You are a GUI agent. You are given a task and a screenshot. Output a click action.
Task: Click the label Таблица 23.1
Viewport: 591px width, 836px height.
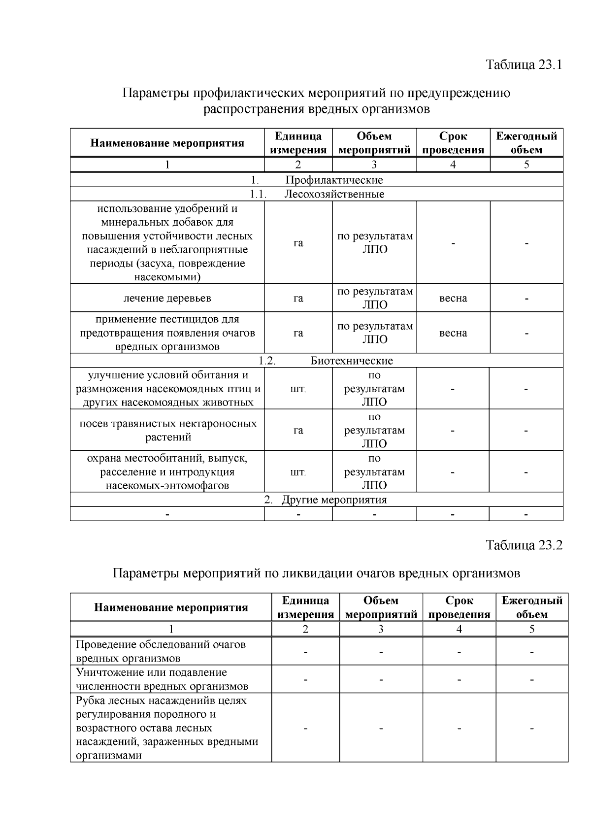click(x=524, y=65)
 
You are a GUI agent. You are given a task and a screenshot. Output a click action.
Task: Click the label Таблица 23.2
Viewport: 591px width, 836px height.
click(x=524, y=545)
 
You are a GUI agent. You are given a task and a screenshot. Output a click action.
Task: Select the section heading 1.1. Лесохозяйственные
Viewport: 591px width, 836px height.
click(x=317, y=194)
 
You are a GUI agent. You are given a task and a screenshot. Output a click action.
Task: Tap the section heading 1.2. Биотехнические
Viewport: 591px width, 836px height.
click(x=317, y=361)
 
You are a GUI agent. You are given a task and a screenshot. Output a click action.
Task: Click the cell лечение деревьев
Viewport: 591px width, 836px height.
click(x=167, y=298)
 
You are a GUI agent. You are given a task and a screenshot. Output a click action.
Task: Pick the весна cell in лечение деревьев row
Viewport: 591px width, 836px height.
click(x=453, y=298)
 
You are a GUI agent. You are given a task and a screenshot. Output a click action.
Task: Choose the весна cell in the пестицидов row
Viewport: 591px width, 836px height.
click(x=453, y=333)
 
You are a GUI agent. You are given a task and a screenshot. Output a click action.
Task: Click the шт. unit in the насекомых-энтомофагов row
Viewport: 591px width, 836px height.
click(x=298, y=472)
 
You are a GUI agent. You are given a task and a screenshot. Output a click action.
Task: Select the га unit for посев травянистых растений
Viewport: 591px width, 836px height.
click(x=298, y=431)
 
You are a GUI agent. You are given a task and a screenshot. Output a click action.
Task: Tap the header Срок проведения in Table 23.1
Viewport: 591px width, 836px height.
click(x=453, y=143)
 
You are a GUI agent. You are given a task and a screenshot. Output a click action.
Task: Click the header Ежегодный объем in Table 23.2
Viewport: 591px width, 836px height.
click(x=532, y=607)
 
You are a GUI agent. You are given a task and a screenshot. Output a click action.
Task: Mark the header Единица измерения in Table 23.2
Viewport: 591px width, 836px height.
click(x=305, y=607)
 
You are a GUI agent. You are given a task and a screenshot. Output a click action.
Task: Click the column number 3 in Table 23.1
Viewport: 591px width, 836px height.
click(x=374, y=165)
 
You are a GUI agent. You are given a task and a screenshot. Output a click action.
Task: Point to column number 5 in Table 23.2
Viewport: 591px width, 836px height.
click(x=532, y=629)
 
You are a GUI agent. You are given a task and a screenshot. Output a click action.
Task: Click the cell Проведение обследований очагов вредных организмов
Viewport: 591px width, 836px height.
click(x=161, y=651)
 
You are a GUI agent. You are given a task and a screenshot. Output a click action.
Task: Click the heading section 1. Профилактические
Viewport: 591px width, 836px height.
click(x=317, y=180)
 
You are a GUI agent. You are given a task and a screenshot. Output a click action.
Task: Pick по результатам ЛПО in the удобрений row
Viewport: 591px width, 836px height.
click(x=375, y=242)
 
